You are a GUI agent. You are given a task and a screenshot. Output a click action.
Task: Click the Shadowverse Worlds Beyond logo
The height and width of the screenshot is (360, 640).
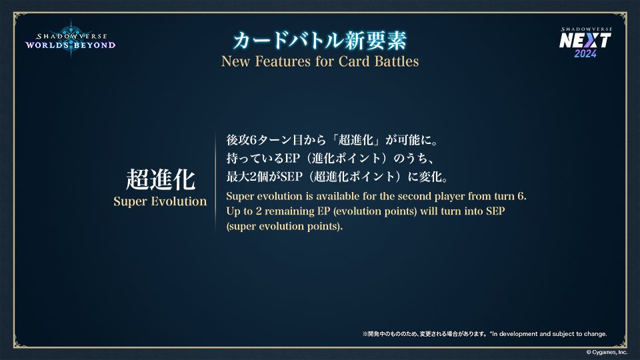click(x=70, y=39)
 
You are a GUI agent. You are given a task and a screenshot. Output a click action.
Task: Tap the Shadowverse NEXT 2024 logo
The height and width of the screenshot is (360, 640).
click(x=585, y=42)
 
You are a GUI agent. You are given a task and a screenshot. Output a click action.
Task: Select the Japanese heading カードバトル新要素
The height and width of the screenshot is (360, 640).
click(x=320, y=41)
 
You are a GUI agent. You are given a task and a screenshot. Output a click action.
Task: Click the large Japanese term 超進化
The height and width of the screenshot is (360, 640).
click(x=161, y=179)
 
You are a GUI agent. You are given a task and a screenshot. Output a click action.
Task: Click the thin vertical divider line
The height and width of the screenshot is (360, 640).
click(x=215, y=182)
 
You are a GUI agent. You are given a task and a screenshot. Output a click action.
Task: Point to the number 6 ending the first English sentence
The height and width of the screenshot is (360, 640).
click(x=521, y=196)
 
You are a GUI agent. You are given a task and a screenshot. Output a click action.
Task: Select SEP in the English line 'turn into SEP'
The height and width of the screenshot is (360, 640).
click(x=495, y=211)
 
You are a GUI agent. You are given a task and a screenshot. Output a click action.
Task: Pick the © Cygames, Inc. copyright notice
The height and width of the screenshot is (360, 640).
click(x=607, y=352)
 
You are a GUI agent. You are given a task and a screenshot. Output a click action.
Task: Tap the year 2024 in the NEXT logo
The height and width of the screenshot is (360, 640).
click(x=585, y=53)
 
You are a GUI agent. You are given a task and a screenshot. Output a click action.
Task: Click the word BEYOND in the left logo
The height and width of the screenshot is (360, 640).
click(x=95, y=45)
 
